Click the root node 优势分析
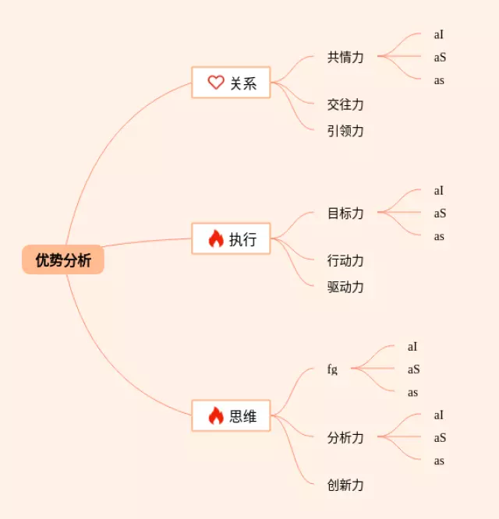(x=63, y=260)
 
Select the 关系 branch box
(x=231, y=83)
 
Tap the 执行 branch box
(x=231, y=238)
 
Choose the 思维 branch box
(x=231, y=415)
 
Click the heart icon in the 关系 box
(x=216, y=82)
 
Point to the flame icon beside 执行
(x=216, y=238)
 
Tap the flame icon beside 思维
(x=216, y=415)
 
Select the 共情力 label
(x=345, y=57)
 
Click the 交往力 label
(x=345, y=104)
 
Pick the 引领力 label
(x=345, y=131)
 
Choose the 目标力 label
(x=345, y=213)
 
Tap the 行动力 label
(x=345, y=260)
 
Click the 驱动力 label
(x=345, y=287)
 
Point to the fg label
(x=333, y=369)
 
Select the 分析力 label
(x=345, y=437)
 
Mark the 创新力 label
(x=345, y=485)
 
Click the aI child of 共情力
(x=439, y=34)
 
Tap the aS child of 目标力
(x=440, y=213)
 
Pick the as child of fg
(x=412, y=392)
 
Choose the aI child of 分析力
(x=439, y=415)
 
